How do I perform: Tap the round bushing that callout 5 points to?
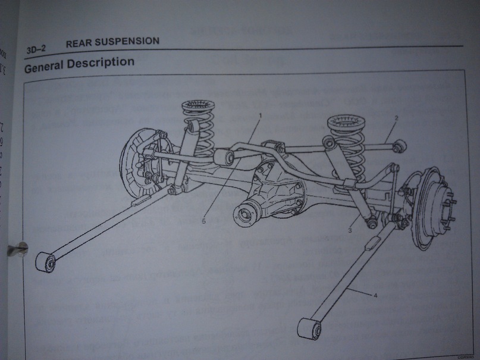(224, 158)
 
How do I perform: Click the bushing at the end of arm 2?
(400, 145)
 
